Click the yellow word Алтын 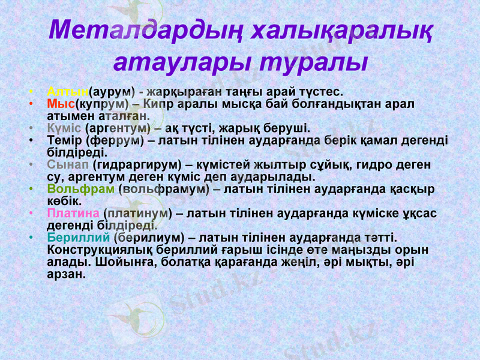pyautogui.click(x=67, y=92)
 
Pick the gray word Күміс pyautogui.click(x=64, y=128)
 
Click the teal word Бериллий pyautogui.click(x=79, y=238)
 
